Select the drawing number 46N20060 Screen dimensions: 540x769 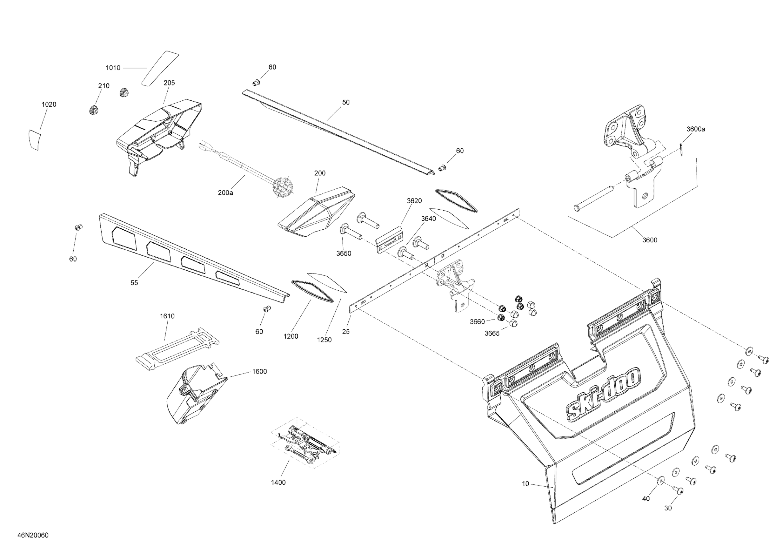33,535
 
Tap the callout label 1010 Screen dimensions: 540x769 113,68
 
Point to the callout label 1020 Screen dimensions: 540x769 49,105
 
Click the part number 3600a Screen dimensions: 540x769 696,129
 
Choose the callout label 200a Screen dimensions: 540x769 225,192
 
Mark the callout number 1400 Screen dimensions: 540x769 278,483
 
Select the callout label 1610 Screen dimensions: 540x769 167,316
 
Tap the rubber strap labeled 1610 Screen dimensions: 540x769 177,348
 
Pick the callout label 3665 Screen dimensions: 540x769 492,333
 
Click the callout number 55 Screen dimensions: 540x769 134,283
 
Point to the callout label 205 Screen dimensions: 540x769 169,83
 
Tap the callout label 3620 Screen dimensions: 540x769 414,201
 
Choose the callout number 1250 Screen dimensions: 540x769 324,340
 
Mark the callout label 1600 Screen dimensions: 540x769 260,371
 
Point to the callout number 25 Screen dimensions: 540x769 346,331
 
